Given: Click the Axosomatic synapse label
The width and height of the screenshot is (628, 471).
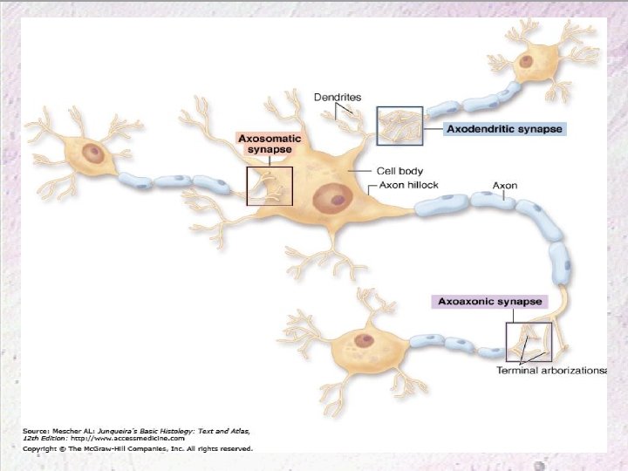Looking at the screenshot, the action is [270, 144].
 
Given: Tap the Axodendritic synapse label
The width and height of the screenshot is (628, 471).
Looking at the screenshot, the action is [504, 129].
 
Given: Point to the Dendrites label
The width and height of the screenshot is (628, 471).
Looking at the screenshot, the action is [338, 97].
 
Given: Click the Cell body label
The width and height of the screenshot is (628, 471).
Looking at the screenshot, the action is [399, 171].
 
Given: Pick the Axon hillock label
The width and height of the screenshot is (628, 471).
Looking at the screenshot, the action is [409, 186].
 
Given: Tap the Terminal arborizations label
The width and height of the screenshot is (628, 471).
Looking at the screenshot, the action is [550, 371].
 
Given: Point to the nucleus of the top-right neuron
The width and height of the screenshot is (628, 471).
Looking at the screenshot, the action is [527, 61].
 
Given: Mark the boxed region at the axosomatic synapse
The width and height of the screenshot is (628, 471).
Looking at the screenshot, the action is [270, 186].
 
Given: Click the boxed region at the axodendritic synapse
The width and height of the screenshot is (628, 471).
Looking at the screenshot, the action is [399, 126].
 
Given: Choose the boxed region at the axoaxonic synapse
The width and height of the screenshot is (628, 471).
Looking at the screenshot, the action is [529, 342].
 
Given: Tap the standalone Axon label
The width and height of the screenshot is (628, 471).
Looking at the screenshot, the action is [505, 186].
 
